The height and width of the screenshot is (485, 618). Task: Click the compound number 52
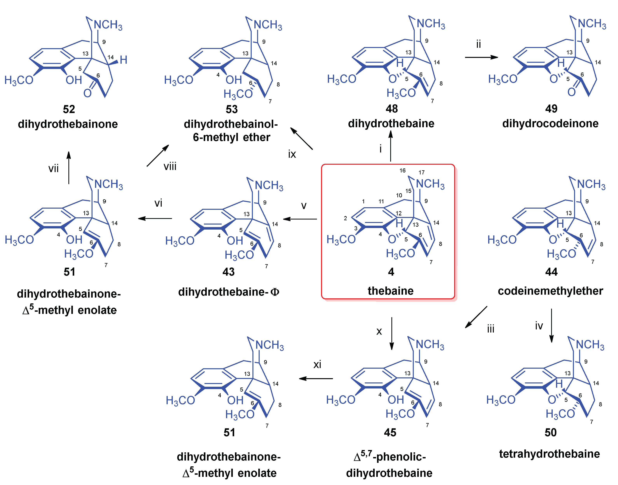(69, 109)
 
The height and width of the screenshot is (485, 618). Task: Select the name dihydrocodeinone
(550, 124)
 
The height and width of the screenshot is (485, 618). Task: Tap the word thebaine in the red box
(390, 291)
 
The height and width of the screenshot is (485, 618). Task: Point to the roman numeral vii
(53, 169)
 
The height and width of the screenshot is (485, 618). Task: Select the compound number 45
(390, 433)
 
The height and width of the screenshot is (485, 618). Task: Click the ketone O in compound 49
(571, 92)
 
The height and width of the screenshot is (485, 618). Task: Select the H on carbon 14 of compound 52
(123, 60)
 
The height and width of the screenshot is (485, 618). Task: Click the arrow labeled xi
(316, 379)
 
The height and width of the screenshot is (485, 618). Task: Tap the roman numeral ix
(292, 154)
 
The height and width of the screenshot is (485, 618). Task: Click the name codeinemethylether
(550, 291)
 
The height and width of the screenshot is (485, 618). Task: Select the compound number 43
(229, 272)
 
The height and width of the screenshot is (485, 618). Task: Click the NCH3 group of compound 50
(590, 345)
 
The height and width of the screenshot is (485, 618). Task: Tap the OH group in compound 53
(234, 80)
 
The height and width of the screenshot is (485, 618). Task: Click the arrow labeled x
(392, 334)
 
